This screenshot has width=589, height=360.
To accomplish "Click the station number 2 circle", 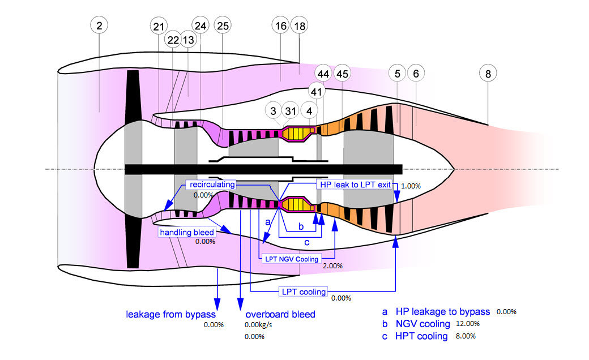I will pyautogui.click(x=99, y=25).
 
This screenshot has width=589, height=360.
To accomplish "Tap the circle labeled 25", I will pyautogui.click(x=223, y=25).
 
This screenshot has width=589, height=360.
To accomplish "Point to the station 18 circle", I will pyautogui.click(x=299, y=25).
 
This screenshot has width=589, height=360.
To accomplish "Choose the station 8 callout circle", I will pyautogui.click(x=488, y=74).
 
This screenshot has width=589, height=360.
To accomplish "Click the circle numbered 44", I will pyautogui.click(x=323, y=74).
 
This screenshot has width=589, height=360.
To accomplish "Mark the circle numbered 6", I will pyautogui.click(x=416, y=74).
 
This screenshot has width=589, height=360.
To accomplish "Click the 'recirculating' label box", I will pyautogui.click(x=212, y=185).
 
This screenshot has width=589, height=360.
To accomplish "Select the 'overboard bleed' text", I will pyautogui.click(x=280, y=314).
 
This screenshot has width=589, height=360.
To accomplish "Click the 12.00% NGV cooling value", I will pyautogui.click(x=468, y=324).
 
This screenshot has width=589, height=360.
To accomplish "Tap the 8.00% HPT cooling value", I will pyautogui.click(x=465, y=336).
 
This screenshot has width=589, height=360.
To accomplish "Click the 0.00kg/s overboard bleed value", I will pyautogui.click(x=258, y=325).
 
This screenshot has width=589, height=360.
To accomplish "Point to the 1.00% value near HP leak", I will pyautogui.click(x=411, y=186).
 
